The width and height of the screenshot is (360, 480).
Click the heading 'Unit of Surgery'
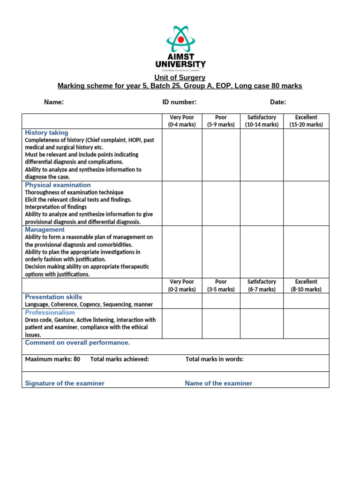(x=180, y=77)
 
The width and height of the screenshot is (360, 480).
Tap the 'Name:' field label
(x=54, y=102)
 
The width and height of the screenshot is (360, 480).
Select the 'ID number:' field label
(x=180, y=102)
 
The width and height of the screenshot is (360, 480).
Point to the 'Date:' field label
(x=278, y=102)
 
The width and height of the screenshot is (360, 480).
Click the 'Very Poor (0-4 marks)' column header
(x=182, y=121)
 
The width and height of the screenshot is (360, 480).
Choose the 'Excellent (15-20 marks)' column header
(x=306, y=121)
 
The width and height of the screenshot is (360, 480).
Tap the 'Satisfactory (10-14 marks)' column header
(x=262, y=121)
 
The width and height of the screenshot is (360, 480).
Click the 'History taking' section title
(x=46, y=133)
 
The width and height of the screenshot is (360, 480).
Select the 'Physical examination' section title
(x=58, y=185)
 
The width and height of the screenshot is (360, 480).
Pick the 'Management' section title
(x=45, y=230)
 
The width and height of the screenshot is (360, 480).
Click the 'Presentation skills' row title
(x=53, y=297)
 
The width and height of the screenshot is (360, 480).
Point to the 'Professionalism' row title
(x=50, y=313)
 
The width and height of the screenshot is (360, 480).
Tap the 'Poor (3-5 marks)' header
(x=221, y=285)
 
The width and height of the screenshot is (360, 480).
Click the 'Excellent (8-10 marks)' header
(x=306, y=285)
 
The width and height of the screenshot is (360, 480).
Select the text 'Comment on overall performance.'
(x=77, y=343)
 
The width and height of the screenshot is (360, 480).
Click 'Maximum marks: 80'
(x=52, y=359)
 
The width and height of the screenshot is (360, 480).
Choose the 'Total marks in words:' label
(x=215, y=359)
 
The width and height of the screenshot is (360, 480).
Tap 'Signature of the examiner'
(x=65, y=383)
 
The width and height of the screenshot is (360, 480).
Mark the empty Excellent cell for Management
(x=306, y=252)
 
